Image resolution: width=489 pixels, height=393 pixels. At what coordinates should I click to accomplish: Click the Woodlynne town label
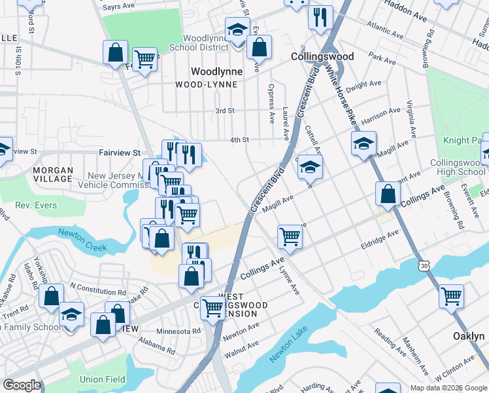coord(216,71)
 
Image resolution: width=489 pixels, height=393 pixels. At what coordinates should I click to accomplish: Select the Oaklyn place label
coord(469,335)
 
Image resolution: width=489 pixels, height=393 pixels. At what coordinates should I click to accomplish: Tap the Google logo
coord(22,384)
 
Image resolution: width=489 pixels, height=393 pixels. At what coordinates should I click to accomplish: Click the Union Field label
coord(102,379)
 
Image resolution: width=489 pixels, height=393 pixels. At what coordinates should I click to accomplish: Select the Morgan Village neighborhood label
coord(53,174)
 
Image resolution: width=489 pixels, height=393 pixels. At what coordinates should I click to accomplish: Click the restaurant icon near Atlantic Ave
coord(320,18)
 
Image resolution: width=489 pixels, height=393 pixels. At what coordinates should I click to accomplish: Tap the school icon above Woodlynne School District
coord(237,29)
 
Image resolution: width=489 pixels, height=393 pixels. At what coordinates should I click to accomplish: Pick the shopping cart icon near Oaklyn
coord(451,296)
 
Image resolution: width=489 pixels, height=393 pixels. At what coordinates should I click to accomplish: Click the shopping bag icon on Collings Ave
coord(388,194)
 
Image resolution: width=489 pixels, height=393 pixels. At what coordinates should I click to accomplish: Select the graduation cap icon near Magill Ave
coord(364,144)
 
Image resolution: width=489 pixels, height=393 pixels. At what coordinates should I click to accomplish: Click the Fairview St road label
coord(120,153)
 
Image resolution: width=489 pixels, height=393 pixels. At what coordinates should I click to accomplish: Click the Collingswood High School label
coord(458,167)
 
